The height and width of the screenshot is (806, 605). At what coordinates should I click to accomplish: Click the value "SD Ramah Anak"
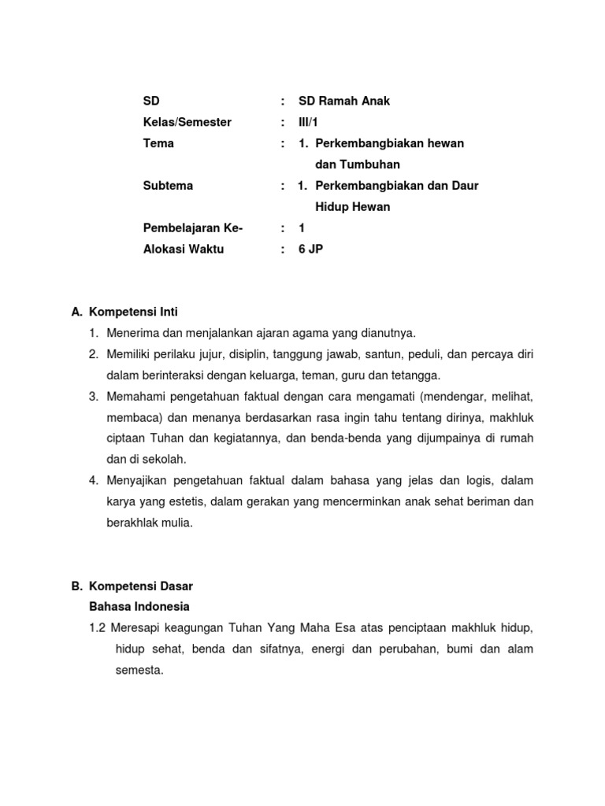(x=344, y=101)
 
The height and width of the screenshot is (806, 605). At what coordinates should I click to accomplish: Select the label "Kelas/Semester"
(x=187, y=122)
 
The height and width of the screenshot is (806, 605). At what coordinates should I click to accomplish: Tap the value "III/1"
(x=310, y=122)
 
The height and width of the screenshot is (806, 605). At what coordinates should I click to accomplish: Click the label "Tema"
(x=158, y=143)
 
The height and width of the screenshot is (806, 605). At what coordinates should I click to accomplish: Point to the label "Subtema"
(x=168, y=186)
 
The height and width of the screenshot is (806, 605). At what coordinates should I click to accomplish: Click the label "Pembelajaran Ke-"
(x=193, y=227)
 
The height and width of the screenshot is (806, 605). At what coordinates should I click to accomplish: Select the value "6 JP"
(x=310, y=249)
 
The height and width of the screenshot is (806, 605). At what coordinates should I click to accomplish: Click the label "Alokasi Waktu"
(x=184, y=249)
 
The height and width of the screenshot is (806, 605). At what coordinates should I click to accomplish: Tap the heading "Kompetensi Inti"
(x=139, y=312)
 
